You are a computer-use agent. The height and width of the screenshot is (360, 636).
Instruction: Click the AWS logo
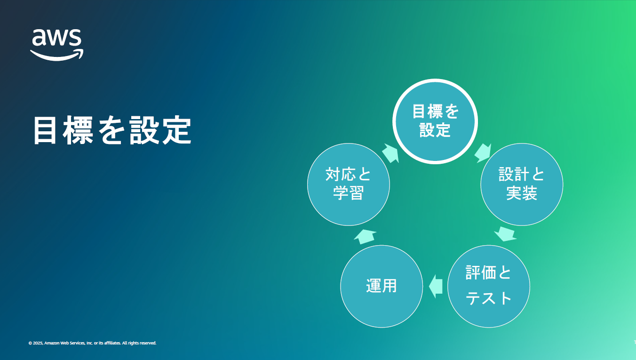[57, 45]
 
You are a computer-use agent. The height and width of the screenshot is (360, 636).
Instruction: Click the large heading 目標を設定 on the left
[112, 130]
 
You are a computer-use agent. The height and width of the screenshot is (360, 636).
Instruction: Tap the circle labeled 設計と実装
[522, 184]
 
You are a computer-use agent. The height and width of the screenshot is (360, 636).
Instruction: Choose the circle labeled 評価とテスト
[489, 286]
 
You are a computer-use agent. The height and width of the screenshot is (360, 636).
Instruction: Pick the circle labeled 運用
[382, 286]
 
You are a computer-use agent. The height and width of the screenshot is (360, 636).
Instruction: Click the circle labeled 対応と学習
[349, 184]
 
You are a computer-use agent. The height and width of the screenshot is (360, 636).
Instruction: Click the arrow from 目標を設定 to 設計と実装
[483, 153]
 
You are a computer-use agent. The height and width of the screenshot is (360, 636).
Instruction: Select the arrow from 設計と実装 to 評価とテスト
[505, 234]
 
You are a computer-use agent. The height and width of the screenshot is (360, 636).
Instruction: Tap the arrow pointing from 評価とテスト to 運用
[436, 287]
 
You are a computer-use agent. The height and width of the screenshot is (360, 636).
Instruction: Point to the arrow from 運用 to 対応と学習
[365, 236]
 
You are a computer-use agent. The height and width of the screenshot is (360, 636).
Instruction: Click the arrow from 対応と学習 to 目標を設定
[390, 153]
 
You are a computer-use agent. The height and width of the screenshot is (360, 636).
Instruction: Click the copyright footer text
[92, 343]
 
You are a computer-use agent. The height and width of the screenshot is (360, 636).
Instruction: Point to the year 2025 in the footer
[38, 343]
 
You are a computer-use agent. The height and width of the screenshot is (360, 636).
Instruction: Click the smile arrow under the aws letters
[57, 55]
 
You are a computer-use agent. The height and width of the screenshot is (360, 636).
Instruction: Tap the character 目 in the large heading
[45, 130]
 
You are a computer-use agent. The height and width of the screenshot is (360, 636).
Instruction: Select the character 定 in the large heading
[176, 130]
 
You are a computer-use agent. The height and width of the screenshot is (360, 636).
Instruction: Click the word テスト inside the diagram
[489, 298]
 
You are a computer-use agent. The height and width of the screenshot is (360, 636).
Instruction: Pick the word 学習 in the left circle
[349, 193]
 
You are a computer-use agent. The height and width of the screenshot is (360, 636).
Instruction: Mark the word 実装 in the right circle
[522, 193]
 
